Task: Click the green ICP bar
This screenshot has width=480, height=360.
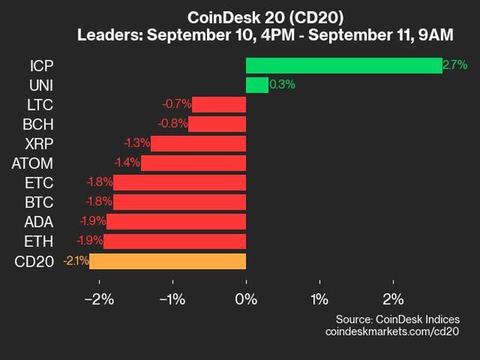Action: [x=344, y=65]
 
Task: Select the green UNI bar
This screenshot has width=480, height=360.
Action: [x=257, y=85]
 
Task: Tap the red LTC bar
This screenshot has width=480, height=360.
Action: [x=219, y=105]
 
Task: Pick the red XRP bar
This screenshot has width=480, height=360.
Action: [x=199, y=144]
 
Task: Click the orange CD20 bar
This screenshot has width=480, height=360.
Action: [x=167, y=261]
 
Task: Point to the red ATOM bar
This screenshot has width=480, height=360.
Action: [x=193, y=163]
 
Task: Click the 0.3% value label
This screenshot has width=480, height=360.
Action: [x=282, y=85]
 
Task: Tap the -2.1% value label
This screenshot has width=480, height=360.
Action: [x=76, y=261]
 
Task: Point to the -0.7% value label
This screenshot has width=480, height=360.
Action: [x=176, y=105]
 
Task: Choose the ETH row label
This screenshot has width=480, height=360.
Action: [x=40, y=241]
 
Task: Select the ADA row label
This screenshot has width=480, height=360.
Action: [x=40, y=222]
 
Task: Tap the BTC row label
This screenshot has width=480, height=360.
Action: [x=40, y=202]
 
